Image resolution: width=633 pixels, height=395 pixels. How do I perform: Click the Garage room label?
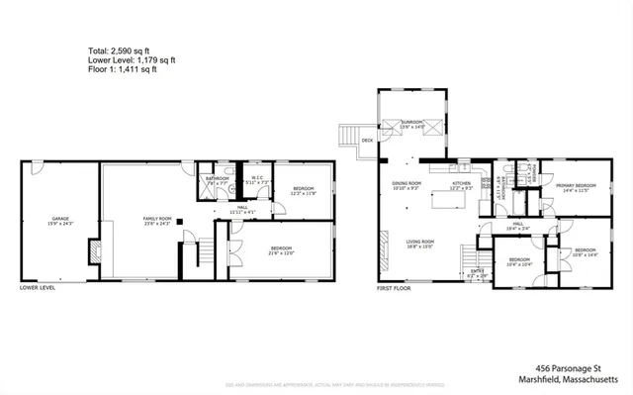tap(53, 220)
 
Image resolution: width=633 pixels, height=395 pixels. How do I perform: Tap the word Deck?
tap(367, 141)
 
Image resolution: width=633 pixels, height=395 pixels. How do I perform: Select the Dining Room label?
tap(407, 185)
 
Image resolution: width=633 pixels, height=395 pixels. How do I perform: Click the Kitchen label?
tap(462, 185)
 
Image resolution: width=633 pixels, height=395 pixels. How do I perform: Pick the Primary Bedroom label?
tap(575, 187)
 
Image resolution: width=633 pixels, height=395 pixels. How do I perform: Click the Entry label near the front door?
tap(477, 272)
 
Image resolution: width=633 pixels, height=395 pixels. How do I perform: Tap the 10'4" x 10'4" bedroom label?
tap(520, 262)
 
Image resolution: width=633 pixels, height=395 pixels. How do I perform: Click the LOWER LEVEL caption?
tap(38, 288)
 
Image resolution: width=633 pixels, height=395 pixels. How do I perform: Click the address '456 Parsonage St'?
tap(583, 365)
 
